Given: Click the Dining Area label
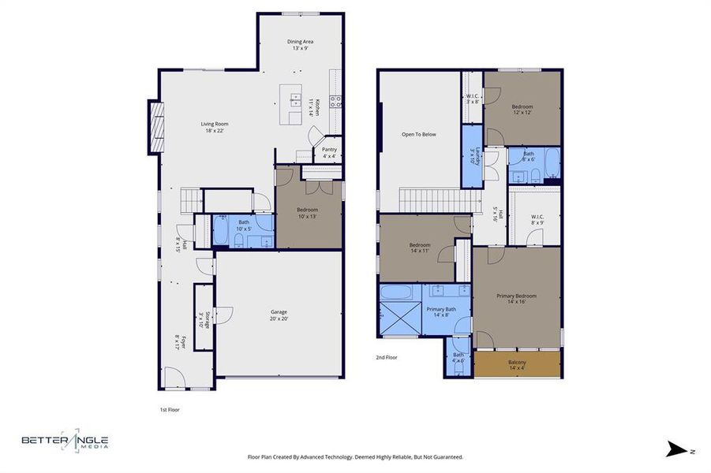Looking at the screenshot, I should (x=299, y=44).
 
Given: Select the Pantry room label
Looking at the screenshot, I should (x=329, y=152).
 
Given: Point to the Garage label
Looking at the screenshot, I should (x=279, y=315).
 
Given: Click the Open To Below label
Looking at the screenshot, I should (x=418, y=134).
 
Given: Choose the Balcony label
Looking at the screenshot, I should (x=518, y=365).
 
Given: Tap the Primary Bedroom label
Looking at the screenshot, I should (x=516, y=299).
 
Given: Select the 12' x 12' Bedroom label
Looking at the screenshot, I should (x=522, y=110).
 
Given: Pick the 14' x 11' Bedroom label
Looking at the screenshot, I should (x=420, y=248).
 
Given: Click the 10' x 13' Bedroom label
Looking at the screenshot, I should (x=307, y=213).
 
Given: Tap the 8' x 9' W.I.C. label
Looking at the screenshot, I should (x=537, y=220).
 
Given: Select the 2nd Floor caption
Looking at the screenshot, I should (x=386, y=357).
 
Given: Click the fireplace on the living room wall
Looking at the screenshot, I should (x=154, y=127).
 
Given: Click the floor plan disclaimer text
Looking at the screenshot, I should (x=355, y=457).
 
